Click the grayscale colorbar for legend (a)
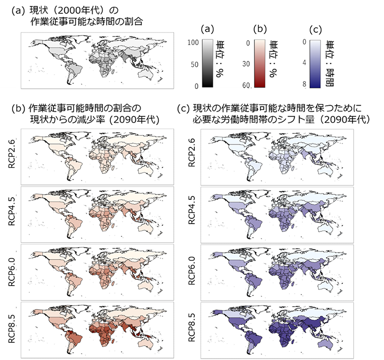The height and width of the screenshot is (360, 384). tap(207, 63)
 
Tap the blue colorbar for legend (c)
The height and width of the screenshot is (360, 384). tap(315, 63)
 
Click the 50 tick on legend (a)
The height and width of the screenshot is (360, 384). tap(194, 64)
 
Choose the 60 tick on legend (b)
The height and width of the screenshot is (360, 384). tap(246, 85)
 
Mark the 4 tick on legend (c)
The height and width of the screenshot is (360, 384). tap(304, 64)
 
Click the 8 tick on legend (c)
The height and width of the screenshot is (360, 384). tap(304, 85)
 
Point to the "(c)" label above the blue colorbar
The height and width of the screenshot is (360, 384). tap(316, 29)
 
